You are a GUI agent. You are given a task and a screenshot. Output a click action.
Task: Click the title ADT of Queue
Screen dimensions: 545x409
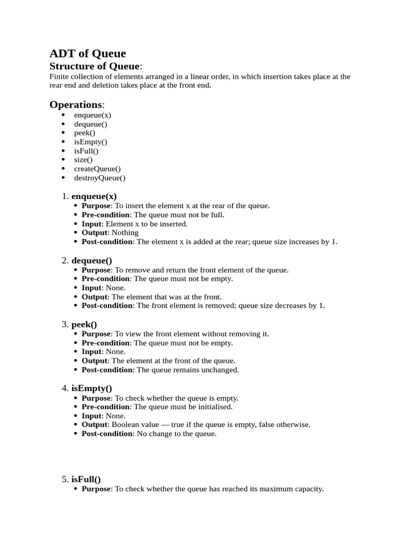point(88,53)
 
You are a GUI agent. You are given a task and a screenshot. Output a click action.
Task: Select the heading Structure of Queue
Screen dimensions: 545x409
point(95,66)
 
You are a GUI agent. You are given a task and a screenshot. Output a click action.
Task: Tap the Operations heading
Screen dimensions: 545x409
point(76,104)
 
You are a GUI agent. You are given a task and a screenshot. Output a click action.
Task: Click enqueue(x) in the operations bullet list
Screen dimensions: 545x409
point(93,115)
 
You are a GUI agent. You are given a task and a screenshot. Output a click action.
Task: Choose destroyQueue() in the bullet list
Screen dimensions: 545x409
point(100,178)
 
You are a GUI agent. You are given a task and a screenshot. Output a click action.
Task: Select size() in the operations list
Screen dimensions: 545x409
point(83,160)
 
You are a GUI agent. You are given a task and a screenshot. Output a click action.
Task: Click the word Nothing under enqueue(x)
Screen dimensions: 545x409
point(125,233)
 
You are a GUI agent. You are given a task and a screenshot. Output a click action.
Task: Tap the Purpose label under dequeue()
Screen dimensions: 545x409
point(96,270)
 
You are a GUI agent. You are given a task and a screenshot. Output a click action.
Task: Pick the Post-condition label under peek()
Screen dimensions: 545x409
point(107,370)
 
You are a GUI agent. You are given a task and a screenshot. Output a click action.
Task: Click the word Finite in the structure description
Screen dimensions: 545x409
point(59,77)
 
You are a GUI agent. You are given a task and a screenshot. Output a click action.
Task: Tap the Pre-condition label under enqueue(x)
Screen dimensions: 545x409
point(105,215)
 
